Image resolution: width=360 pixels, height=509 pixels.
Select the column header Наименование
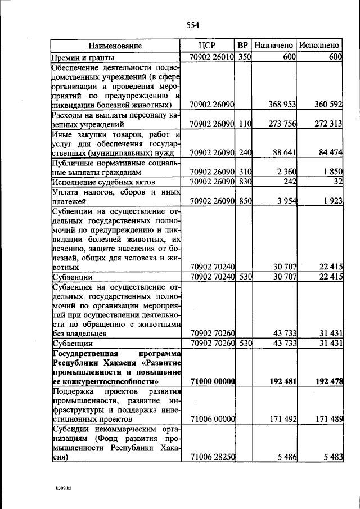coord(114,46)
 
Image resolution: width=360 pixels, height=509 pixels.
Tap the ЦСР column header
coord(208,46)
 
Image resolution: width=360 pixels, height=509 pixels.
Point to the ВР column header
coord(243,46)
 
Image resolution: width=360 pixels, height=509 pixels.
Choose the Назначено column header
coord(274,46)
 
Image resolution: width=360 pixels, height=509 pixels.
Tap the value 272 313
coord(328,124)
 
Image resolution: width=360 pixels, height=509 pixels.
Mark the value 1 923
coord(332,201)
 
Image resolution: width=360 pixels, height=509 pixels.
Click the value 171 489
coord(328,419)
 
